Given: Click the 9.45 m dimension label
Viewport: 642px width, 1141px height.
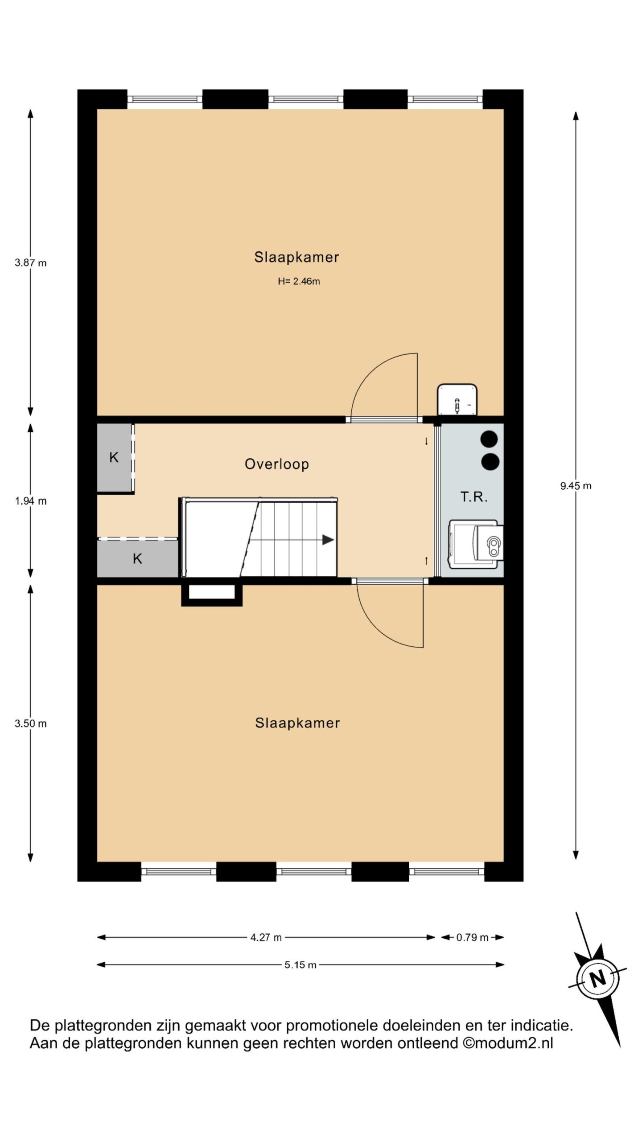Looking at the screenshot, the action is click(576, 486).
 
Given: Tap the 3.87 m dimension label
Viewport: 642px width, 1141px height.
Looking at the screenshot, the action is click(31, 263).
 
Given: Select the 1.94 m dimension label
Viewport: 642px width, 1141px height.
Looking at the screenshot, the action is click(31, 501).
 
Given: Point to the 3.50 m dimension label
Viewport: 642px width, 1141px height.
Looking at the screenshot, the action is click(31, 723).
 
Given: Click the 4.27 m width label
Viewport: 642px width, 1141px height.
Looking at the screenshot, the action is click(266, 937).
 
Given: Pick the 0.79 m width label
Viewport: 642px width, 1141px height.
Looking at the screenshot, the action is click(472, 937).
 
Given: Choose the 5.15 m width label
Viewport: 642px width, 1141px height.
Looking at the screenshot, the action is click(300, 965).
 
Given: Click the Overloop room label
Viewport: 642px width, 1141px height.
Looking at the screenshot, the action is click(277, 464).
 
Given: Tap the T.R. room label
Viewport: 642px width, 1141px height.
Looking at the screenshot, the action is click(474, 497).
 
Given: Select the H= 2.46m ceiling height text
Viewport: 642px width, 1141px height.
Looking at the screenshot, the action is click(299, 281).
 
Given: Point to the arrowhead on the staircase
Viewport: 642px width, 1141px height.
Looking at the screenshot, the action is click(328, 540).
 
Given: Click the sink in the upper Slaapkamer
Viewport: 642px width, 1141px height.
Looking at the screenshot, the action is click(457, 400).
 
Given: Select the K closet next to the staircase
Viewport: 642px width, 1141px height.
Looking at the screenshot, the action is click(138, 558).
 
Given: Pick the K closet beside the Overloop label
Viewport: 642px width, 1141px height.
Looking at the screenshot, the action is click(115, 457).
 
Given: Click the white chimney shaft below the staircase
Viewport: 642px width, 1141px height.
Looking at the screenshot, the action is click(212, 592).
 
